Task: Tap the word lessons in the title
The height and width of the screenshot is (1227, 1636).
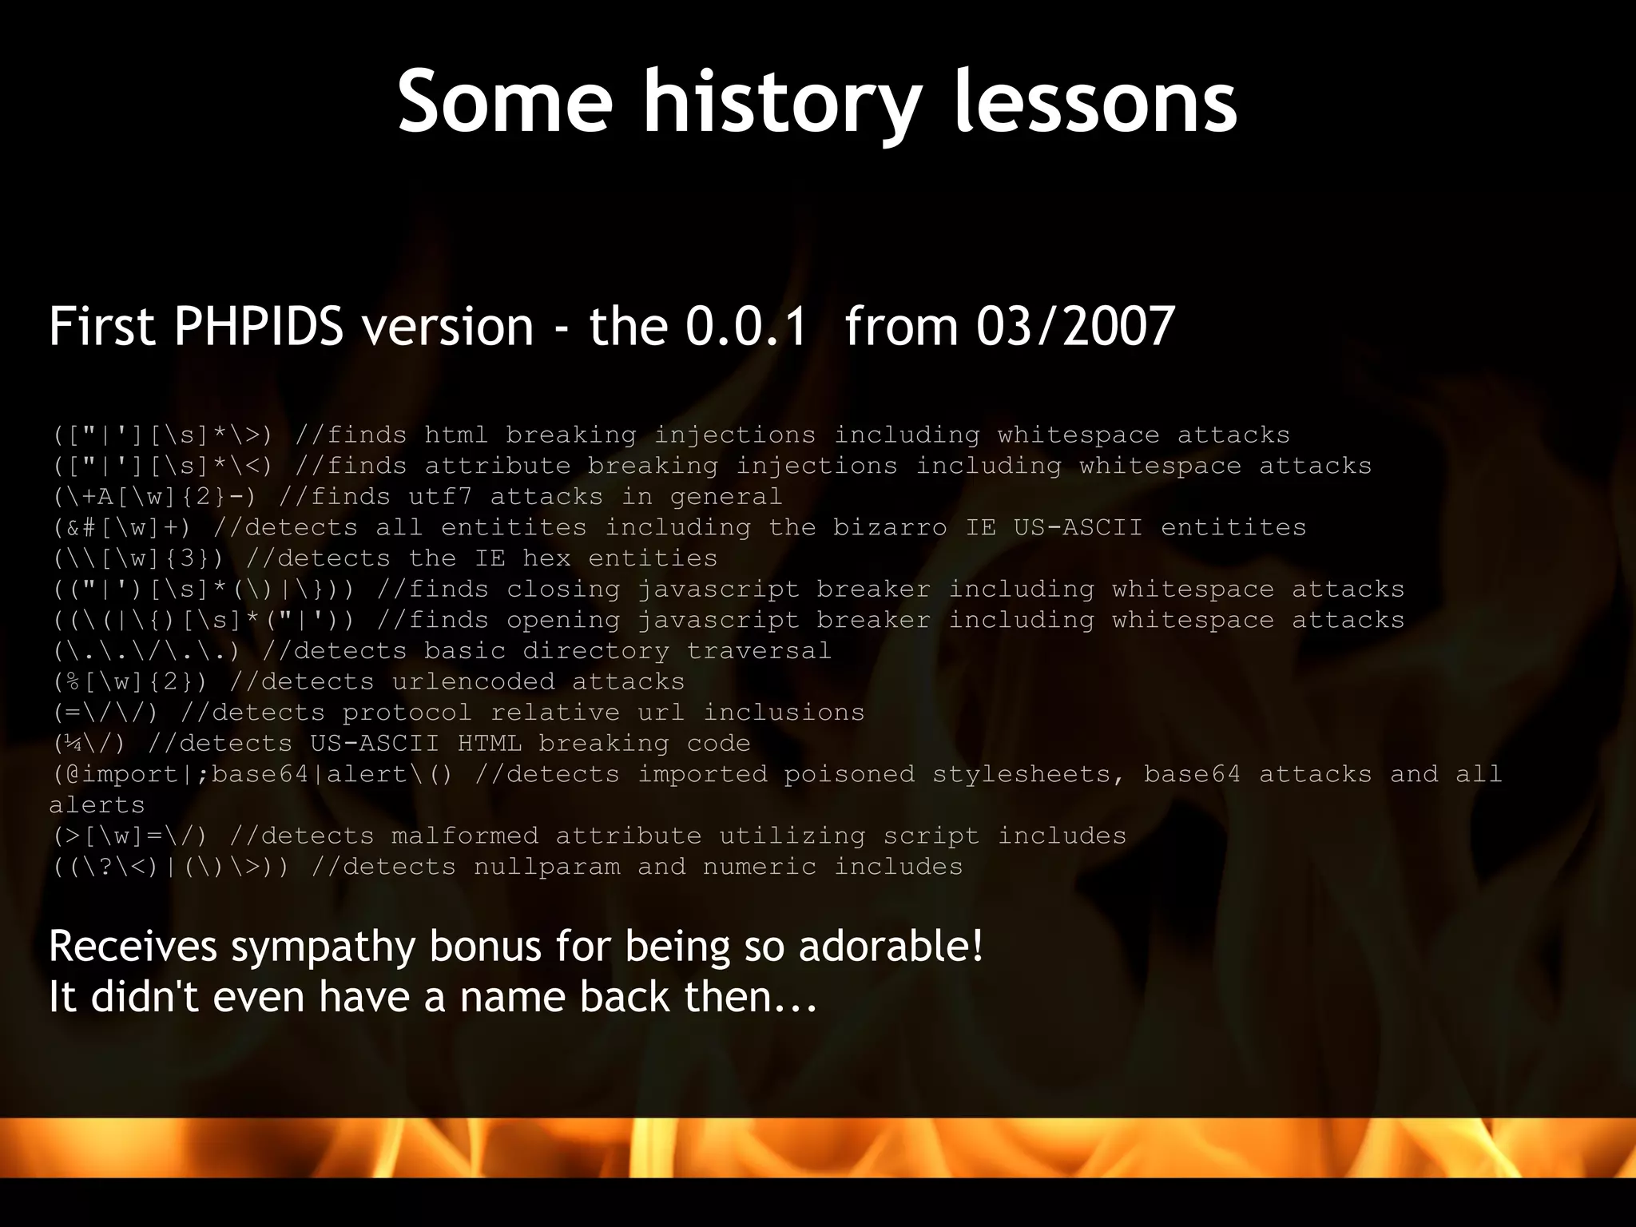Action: coord(1095,102)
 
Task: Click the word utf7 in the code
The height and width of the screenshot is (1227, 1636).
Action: coord(440,497)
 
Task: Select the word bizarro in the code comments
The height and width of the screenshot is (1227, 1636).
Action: coord(890,527)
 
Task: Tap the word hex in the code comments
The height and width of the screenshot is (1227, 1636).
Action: coord(546,558)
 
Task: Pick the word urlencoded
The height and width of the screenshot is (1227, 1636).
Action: coord(473,681)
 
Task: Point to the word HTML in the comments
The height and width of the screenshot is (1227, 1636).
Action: coord(489,743)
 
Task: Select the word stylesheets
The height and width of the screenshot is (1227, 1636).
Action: coord(1028,774)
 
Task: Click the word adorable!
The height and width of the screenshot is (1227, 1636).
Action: coord(890,947)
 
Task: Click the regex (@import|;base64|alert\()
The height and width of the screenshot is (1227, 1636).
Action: coord(252,774)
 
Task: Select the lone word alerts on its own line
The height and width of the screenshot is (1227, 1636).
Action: coord(97,805)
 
